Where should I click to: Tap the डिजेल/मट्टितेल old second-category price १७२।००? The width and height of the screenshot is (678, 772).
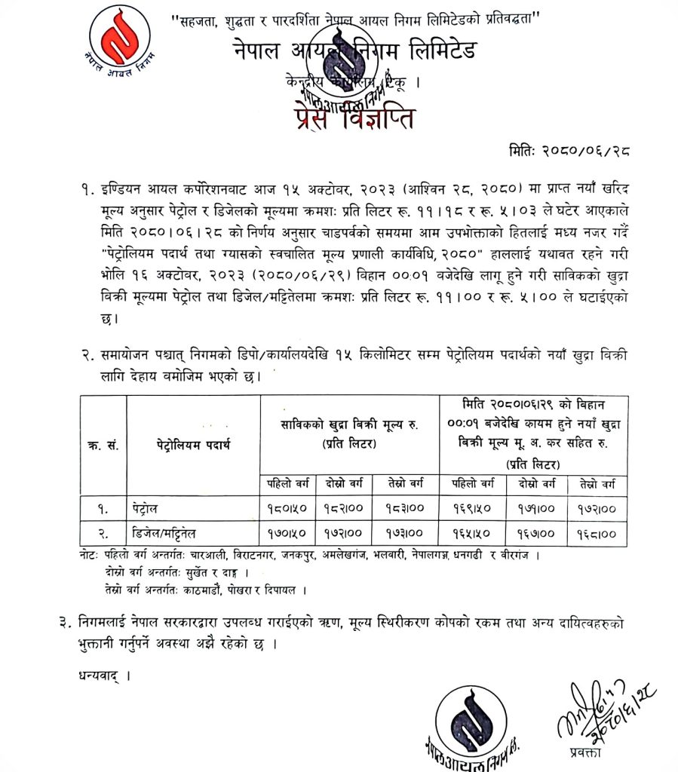coord(346,534)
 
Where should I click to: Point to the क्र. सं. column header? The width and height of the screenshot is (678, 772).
coord(103,446)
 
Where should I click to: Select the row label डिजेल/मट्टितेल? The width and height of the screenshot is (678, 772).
coord(182,534)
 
